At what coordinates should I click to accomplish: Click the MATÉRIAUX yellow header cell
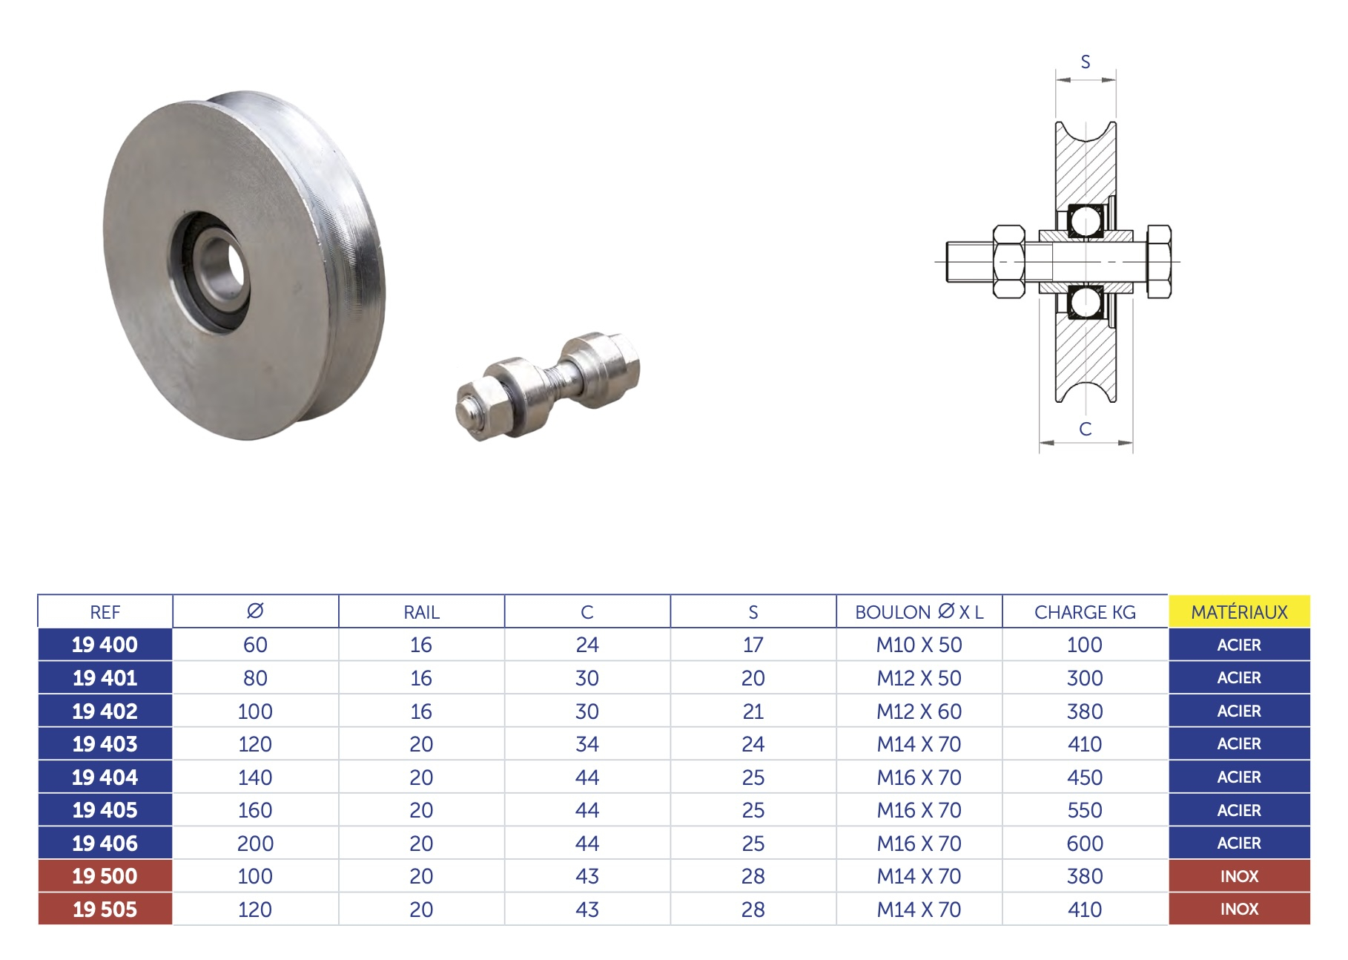pos(1239,612)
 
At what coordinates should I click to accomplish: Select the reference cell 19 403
pos(105,744)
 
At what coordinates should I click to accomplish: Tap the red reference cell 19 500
pos(105,876)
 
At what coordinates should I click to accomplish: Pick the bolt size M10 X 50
pos(919,645)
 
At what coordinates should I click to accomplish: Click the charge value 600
pos(1085,844)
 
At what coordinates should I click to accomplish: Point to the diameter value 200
pos(255,844)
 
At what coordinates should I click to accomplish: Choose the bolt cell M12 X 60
pos(919,711)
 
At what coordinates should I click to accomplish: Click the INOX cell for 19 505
pos(1239,909)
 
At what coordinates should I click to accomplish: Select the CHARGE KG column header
pos(1085,612)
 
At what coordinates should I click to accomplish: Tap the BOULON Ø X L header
pos(919,612)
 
